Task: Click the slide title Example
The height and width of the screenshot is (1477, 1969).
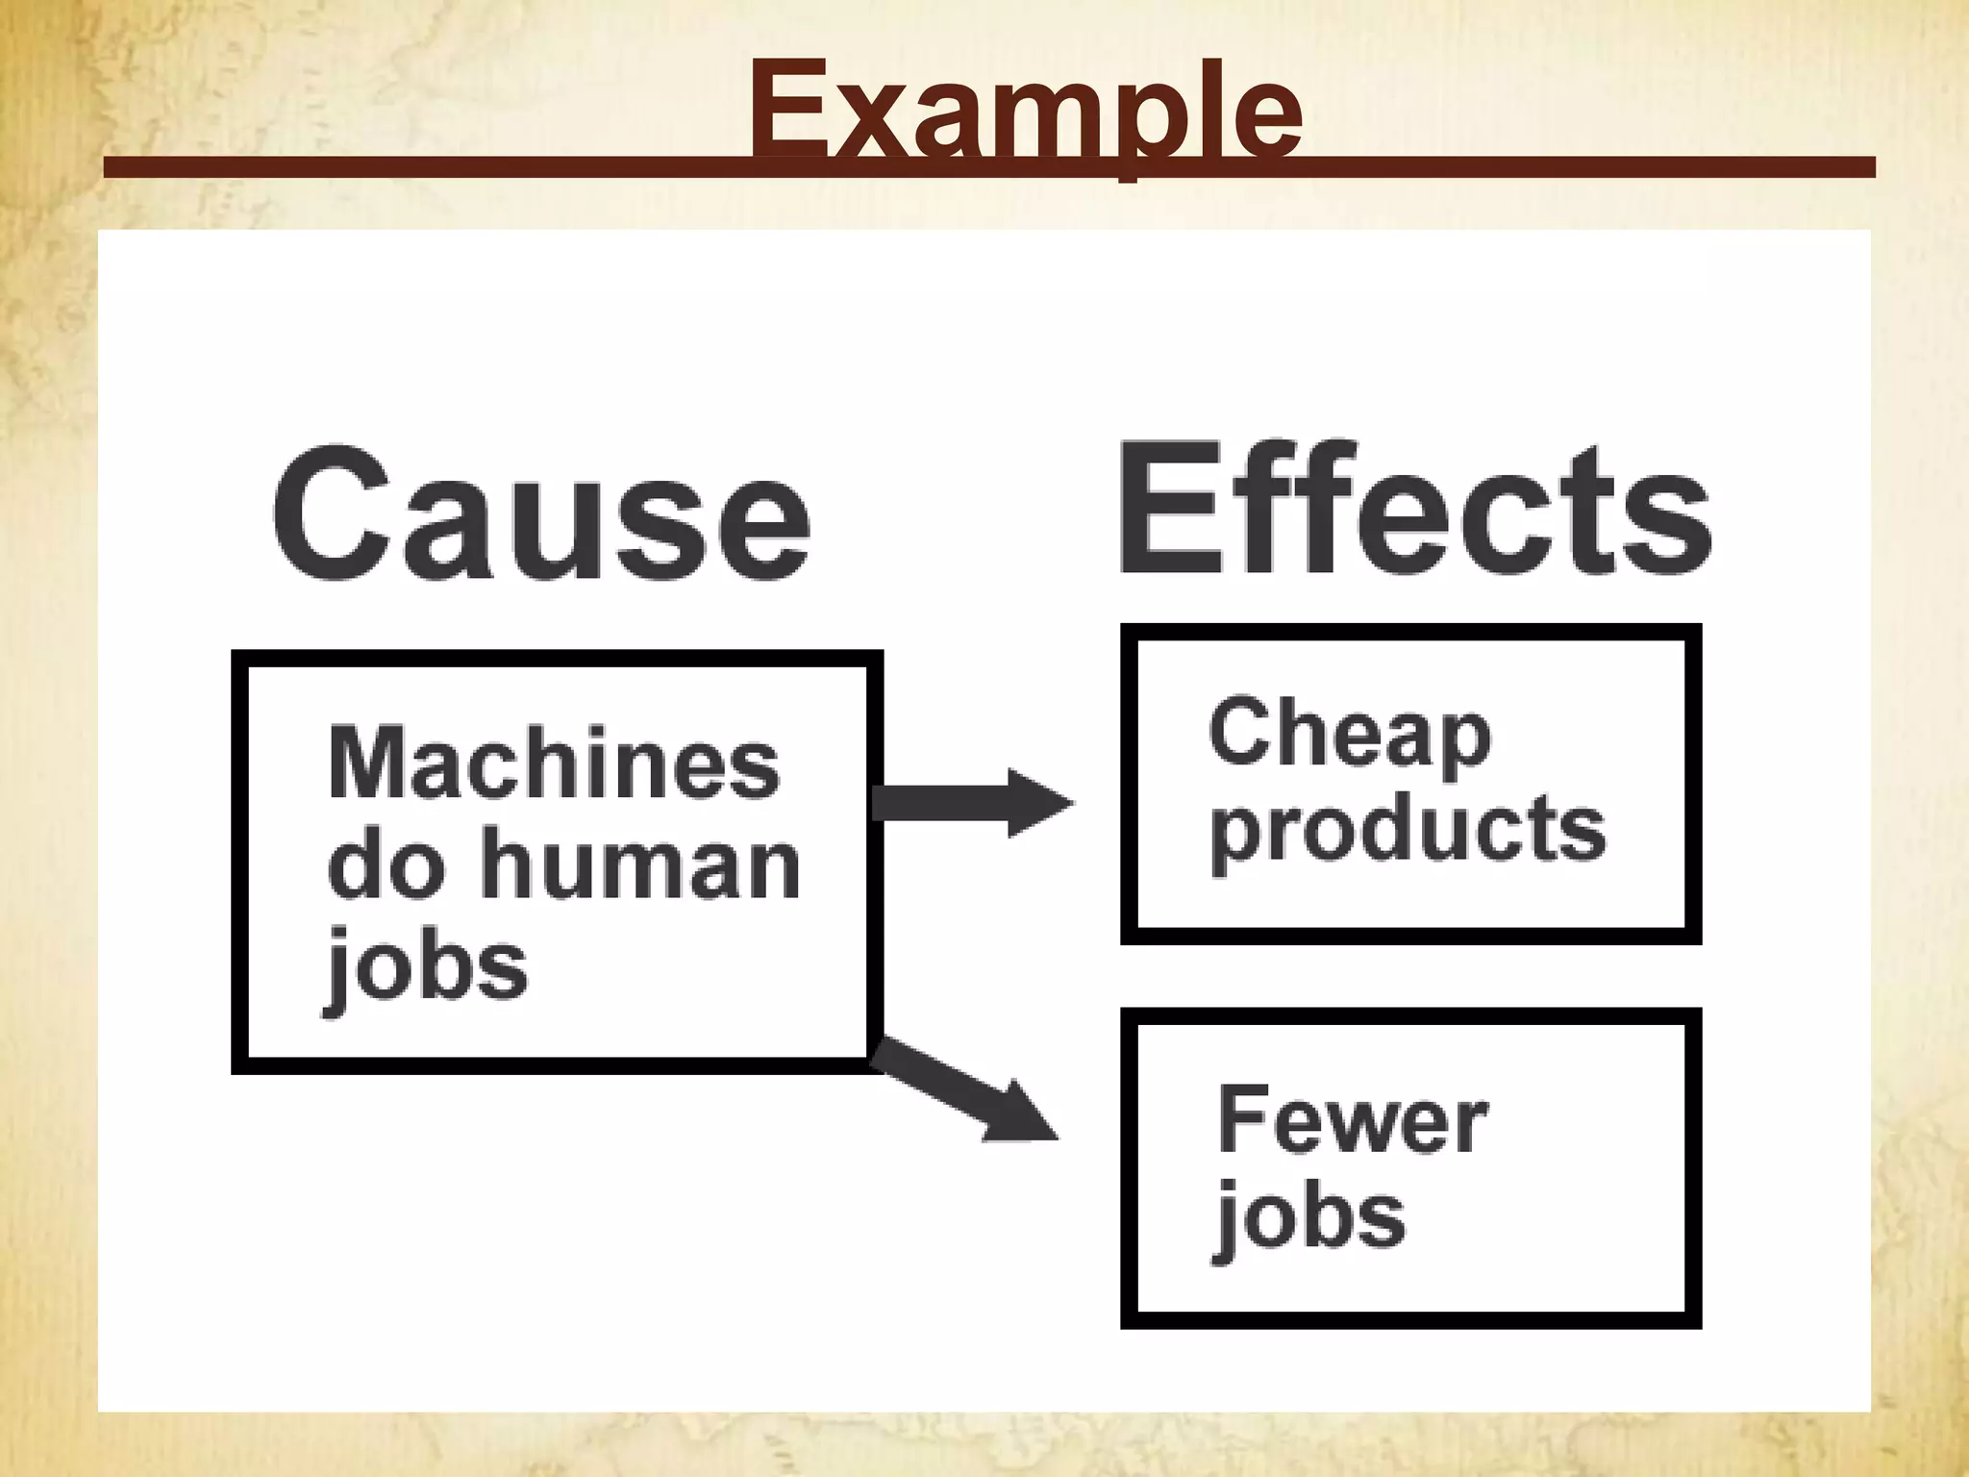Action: [x=1025, y=111]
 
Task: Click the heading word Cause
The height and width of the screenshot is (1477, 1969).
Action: [x=541, y=514]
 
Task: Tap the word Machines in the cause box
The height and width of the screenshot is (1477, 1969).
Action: [x=554, y=764]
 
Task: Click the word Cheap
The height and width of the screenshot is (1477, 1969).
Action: [x=1349, y=736]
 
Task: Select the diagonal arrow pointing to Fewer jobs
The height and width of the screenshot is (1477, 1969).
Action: [x=961, y=1091]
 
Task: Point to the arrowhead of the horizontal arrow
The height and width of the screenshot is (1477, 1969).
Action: [x=1038, y=803]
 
